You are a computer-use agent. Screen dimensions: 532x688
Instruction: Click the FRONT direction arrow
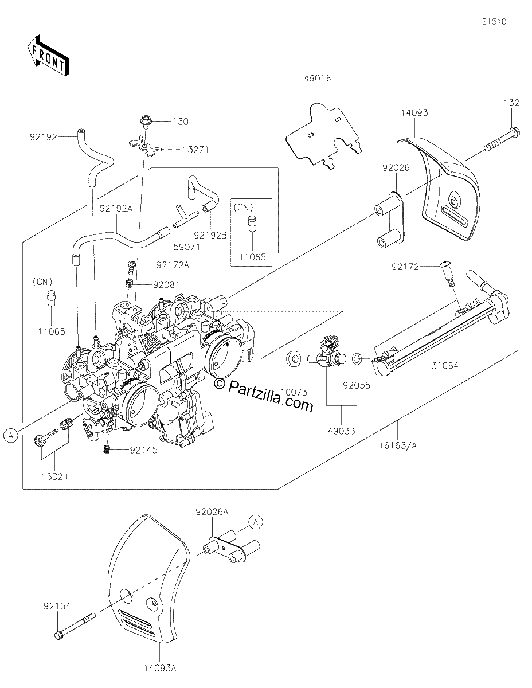coord(48,56)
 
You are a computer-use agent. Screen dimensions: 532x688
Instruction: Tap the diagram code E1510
coord(494,22)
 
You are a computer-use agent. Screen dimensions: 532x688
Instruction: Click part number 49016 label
coord(318,78)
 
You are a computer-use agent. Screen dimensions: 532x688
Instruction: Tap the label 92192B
coord(210,235)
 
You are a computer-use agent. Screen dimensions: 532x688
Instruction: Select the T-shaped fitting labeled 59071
coord(184,217)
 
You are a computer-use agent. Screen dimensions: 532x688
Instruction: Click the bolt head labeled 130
coord(146,122)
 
